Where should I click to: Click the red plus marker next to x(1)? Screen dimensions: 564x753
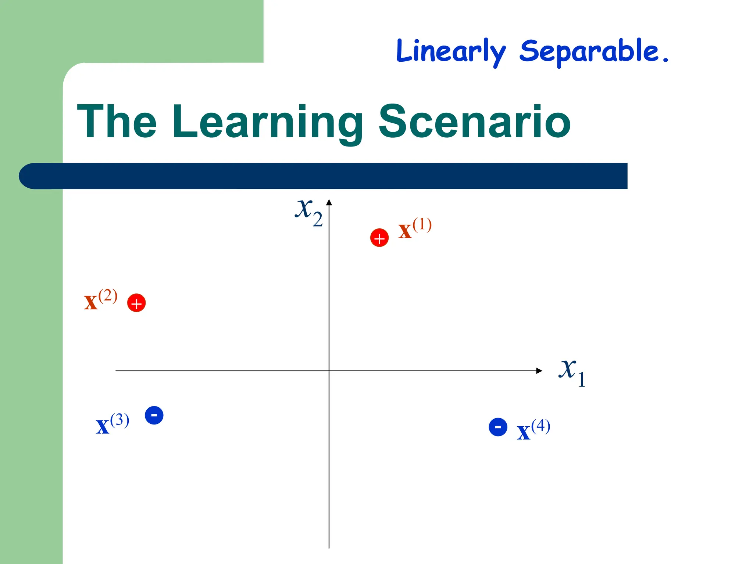379,238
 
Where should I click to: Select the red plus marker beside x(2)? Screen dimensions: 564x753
136,303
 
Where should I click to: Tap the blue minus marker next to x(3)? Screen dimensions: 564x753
154,415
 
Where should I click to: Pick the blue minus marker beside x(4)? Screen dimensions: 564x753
498,427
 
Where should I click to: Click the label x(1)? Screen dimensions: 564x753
415,228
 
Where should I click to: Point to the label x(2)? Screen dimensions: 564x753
100,300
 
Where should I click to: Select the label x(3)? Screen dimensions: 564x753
112,424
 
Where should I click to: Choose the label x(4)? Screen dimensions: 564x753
533,430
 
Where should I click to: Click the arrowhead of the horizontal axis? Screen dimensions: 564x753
539,371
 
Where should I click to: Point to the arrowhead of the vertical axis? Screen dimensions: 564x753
329,202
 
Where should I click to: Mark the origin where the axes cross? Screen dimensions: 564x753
329,371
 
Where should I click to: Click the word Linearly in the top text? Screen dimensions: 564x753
451,51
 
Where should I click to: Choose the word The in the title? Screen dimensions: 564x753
117,122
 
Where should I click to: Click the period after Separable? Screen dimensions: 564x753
665,59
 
